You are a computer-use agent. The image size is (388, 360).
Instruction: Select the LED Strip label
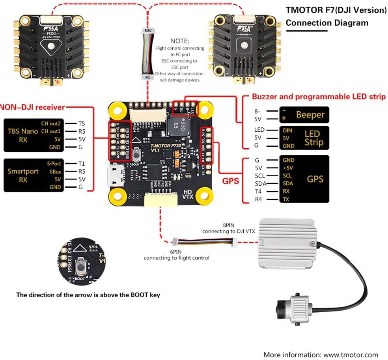click(x=312, y=138)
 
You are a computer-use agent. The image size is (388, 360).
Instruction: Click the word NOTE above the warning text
click(x=180, y=41)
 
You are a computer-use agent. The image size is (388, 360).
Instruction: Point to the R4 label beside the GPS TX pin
click(x=258, y=200)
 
